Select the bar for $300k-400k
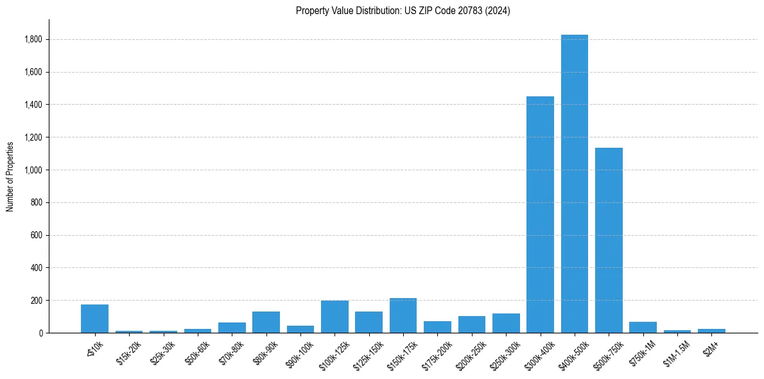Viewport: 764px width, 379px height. [540, 215]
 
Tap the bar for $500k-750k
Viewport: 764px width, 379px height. [609, 240]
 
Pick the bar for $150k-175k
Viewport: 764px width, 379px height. [403, 315]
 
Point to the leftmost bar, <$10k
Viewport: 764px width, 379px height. [94, 319]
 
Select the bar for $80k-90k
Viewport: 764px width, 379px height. [266, 322]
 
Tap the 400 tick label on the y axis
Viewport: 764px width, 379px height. [37, 268]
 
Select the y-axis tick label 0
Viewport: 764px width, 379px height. [40, 333]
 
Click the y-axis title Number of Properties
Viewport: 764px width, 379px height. [10, 176]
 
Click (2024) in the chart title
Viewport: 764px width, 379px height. [498, 11]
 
